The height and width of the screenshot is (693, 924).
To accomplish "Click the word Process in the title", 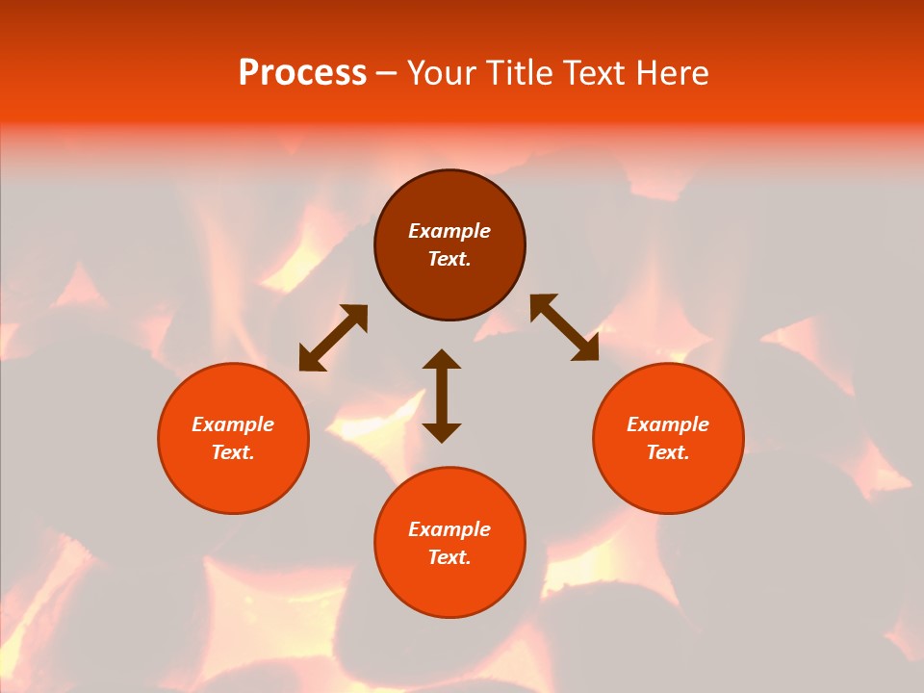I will [302, 73].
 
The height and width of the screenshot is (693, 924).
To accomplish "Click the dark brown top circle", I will [449, 289].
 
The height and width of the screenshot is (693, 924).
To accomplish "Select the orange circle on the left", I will [233, 481].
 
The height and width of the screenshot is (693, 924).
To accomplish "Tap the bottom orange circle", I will [449, 587].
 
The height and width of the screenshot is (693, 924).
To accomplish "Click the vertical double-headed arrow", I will [442, 396].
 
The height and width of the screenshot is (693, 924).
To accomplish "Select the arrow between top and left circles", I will [333, 338].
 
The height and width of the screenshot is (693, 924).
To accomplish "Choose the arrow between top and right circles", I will [565, 327].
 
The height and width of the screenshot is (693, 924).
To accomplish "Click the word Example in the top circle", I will [449, 231].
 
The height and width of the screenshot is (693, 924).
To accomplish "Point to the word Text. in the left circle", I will [233, 452].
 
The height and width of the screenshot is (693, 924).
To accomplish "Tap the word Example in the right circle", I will [668, 424].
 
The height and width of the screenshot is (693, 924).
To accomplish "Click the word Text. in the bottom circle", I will [449, 557].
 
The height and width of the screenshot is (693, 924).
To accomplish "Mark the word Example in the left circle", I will [233, 424].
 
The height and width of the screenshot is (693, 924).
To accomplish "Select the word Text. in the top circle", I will [449, 259].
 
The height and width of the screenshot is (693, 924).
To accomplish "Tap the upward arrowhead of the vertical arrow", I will [442, 360].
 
